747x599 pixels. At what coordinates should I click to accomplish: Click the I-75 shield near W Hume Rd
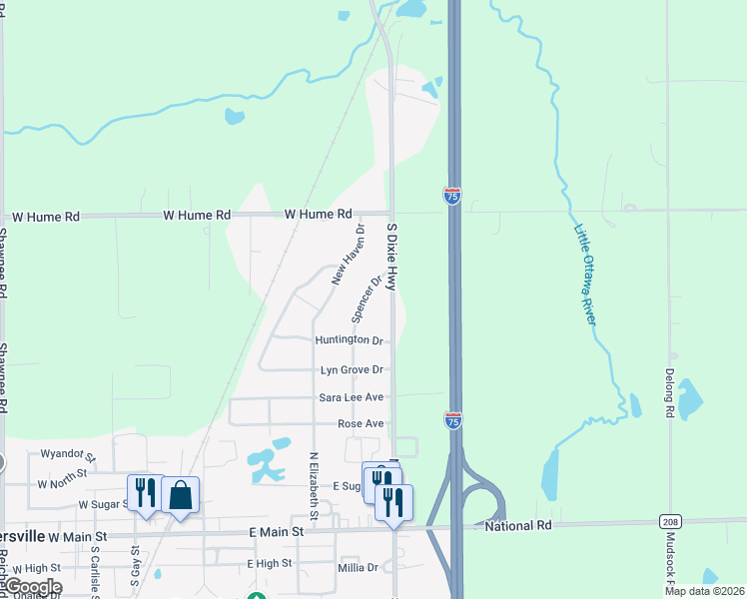point(452,196)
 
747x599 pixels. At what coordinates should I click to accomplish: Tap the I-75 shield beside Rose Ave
point(452,420)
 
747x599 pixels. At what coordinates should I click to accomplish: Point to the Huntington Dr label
point(349,340)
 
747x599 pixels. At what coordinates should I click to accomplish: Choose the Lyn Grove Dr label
point(352,369)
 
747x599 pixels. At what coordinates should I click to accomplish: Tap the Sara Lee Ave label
point(352,397)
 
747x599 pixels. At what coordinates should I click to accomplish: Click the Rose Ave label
point(361,424)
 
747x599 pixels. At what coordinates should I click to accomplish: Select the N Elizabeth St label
point(314,486)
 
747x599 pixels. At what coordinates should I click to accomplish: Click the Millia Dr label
point(359,567)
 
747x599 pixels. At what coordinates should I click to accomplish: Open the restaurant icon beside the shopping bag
point(146,492)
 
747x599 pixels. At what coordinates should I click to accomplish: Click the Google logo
point(32,587)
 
